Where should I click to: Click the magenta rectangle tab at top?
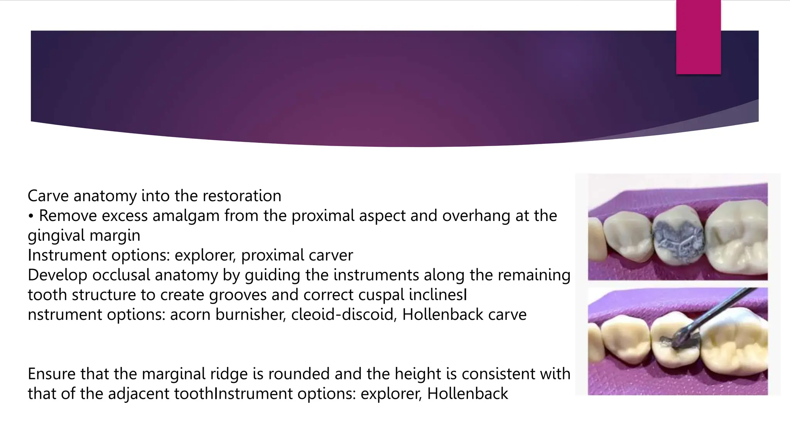point(698,37)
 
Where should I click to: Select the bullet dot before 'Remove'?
point(31,216)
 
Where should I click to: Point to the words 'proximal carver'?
point(297,255)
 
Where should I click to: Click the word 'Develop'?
point(57,275)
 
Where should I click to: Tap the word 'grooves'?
point(238,295)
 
